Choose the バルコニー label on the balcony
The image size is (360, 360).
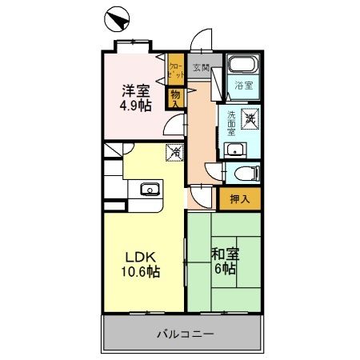click(x=184, y=333)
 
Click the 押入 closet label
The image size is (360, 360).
click(x=239, y=198)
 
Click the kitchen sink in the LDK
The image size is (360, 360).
click(x=149, y=190)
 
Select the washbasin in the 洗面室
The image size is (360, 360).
click(x=234, y=149)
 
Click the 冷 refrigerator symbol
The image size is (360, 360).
click(x=174, y=151)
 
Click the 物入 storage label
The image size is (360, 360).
click(x=174, y=98)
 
